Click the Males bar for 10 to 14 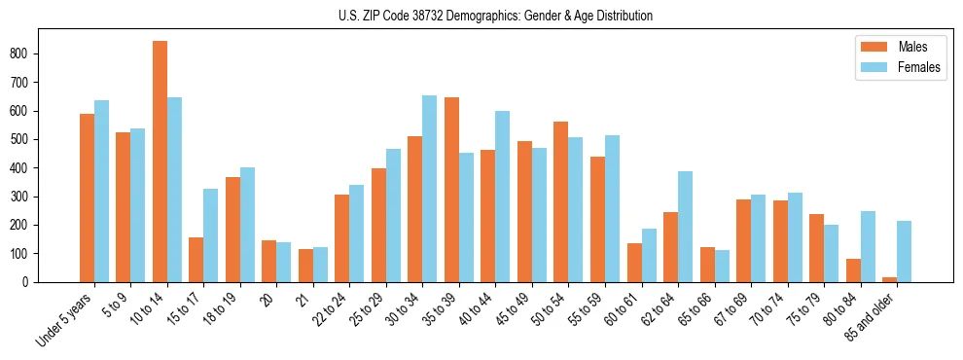click(x=160, y=162)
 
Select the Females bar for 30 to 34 click(x=430, y=189)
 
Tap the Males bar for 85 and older click(x=890, y=279)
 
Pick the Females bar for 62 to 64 click(x=685, y=227)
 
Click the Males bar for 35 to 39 click(x=451, y=190)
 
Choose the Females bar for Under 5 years click(x=101, y=191)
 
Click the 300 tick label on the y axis click(x=30, y=197)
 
